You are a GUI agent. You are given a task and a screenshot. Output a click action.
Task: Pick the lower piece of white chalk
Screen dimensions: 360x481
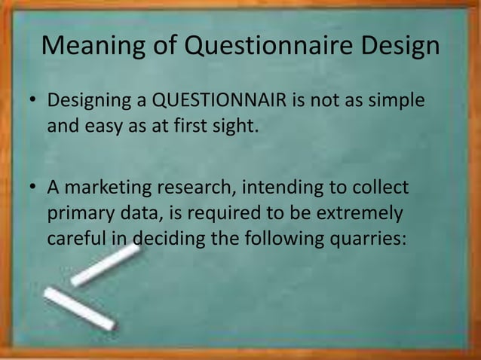click(78, 310)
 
